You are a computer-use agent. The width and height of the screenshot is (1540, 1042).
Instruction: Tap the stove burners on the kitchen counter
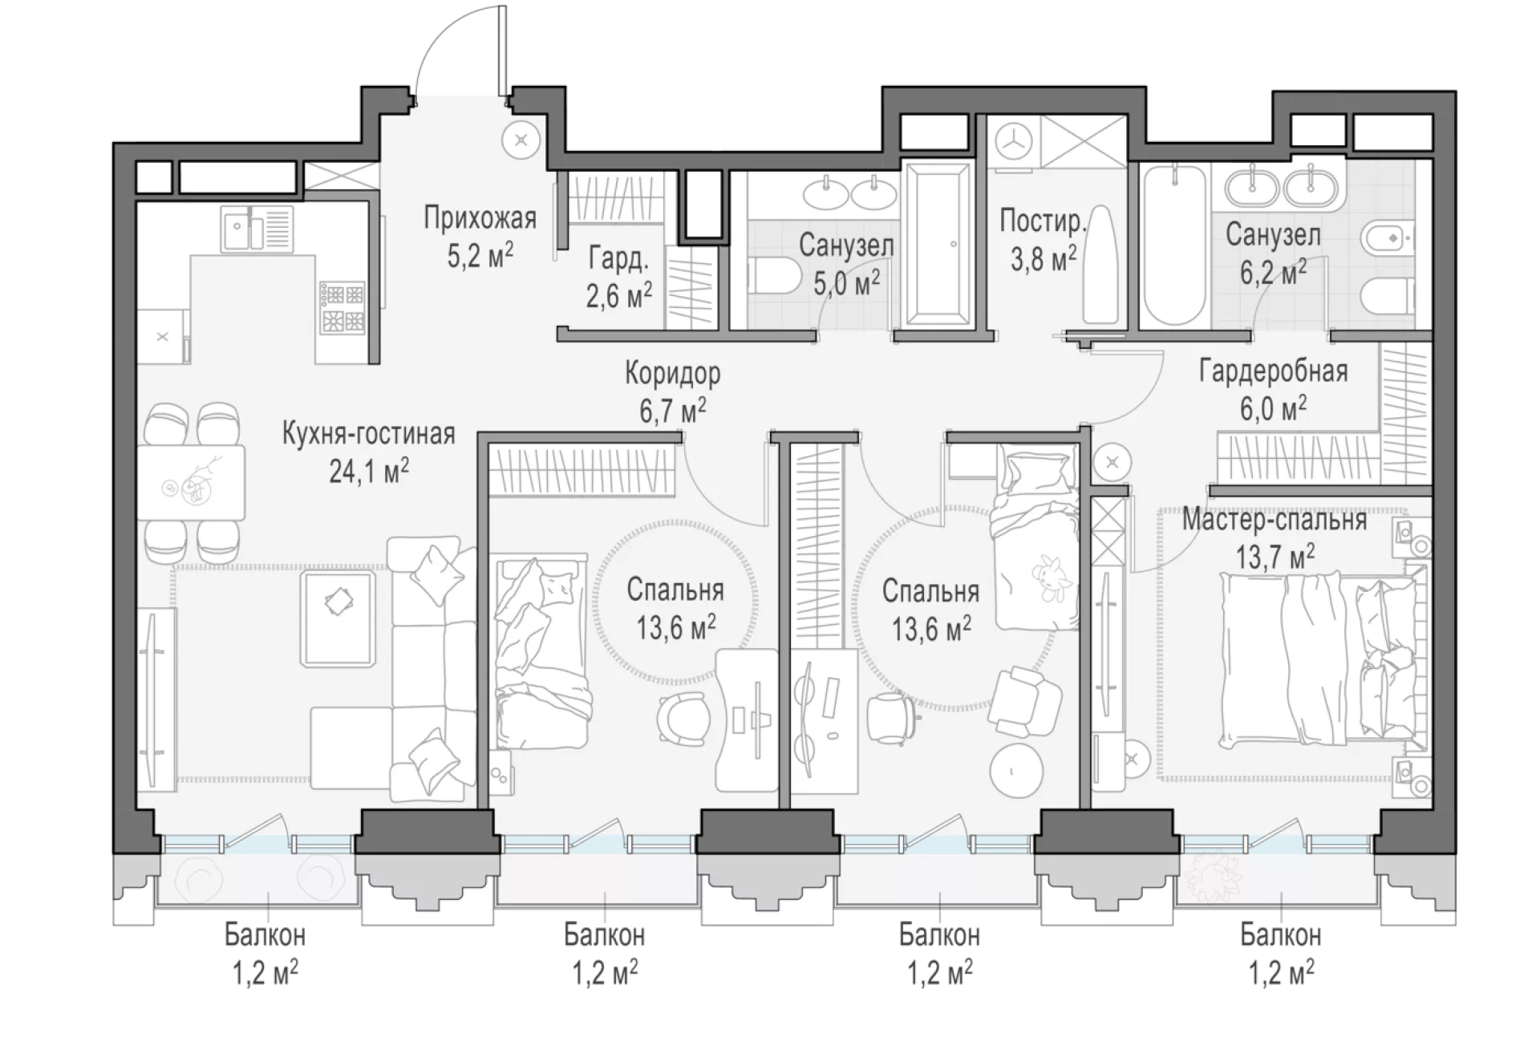(x=342, y=307)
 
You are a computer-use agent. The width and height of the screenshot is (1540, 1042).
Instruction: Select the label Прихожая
(x=480, y=218)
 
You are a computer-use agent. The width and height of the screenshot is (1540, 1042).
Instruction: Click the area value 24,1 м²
(x=369, y=471)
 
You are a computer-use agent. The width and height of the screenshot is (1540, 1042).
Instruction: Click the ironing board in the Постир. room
(x=1099, y=265)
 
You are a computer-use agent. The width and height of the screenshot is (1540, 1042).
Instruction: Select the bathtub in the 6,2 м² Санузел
(x=1173, y=245)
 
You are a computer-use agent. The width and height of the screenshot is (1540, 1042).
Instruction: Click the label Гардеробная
(x=1274, y=371)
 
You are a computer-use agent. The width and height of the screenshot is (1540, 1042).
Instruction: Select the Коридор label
(x=672, y=373)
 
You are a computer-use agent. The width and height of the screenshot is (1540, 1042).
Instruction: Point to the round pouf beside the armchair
(x=1017, y=770)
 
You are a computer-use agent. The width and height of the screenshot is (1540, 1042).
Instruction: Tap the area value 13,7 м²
(x=1275, y=555)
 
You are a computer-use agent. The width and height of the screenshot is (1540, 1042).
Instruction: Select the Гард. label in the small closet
(x=618, y=259)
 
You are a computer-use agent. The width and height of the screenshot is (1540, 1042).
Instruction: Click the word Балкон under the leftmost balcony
(x=265, y=935)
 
